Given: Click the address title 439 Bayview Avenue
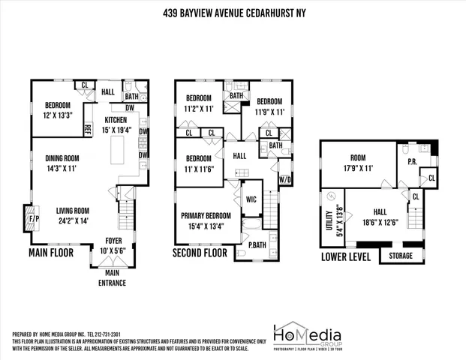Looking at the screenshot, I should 233,13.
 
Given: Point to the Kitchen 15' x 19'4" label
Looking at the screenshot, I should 116,124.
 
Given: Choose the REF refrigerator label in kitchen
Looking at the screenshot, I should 87,130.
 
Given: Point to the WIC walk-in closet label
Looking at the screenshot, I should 251,199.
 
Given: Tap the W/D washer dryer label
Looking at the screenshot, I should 285,179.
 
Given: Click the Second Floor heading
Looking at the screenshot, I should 200,253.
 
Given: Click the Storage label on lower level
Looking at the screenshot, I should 400,256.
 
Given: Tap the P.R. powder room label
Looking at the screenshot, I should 412,161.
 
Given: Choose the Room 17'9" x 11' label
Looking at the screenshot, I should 357,163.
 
